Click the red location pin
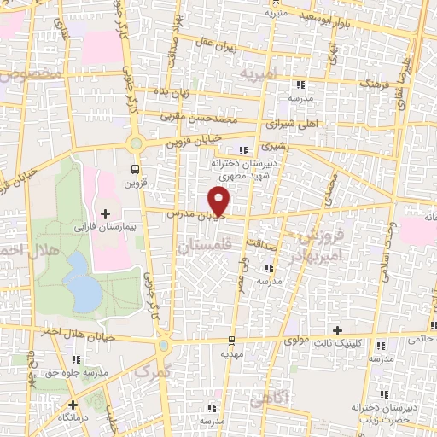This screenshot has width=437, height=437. click(x=219, y=201)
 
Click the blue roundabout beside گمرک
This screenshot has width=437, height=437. click(x=164, y=347)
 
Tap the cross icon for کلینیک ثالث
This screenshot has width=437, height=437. click(x=338, y=330)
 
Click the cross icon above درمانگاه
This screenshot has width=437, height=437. click(x=74, y=405)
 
